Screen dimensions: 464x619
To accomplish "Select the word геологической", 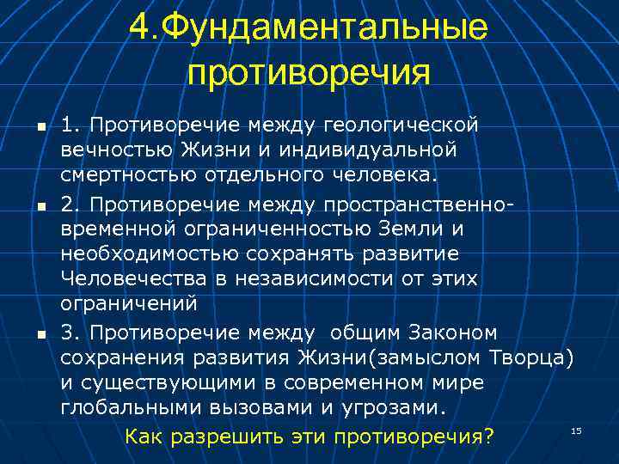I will (x=400, y=125).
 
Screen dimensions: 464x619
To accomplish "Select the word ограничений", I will (x=129, y=304).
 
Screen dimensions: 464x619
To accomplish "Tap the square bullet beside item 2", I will (x=32, y=206).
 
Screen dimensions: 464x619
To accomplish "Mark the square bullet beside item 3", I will (x=32, y=333).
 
